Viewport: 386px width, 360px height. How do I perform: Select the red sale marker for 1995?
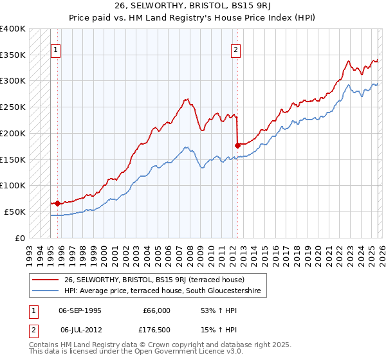(x=58, y=203)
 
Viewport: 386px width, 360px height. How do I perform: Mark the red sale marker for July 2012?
(x=237, y=145)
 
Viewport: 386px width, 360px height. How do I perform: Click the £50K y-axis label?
(x=15, y=212)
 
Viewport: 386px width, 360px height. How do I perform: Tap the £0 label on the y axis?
(x=19, y=238)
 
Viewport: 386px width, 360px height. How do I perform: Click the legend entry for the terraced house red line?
(x=154, y=280)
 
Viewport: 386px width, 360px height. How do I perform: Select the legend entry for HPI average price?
(x=160, y=291)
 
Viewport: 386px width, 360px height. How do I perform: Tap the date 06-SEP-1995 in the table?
(x=81, y=310)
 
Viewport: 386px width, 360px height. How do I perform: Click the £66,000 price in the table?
(x=156, y=310)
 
